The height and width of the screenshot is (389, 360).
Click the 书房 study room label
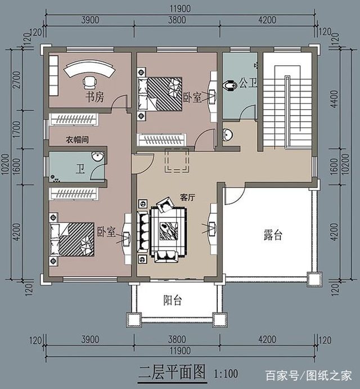click(x=94, y=97)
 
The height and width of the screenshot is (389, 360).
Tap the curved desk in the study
click(x=89, y=71)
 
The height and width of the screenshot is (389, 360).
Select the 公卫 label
click(x=248, y=83)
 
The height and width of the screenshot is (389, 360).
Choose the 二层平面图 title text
click(x=172, y=371)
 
